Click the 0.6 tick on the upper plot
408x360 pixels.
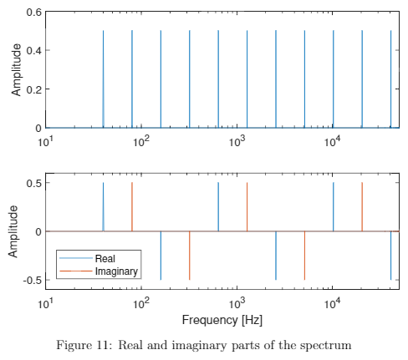pyautogui.click(x=33, y=13)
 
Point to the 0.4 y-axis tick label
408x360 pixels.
pyautogui.click(x=33, y=51)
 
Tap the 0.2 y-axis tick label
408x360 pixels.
pyautogui.click(x=33, y=89)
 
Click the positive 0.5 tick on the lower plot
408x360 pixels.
pyautogui.click(x=33, y=183)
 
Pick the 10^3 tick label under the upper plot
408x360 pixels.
pyautogui.click(x=237, y=140)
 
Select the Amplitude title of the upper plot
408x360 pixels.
pyautogui.click(x=16, y=71)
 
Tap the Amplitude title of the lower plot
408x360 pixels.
pyautogui.click(x=16, y=231)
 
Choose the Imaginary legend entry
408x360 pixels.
pyautogui.click(x=116, y=271)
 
